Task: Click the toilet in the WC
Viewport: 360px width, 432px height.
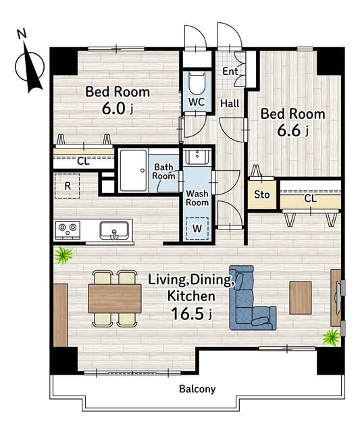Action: click(x=197, y=83)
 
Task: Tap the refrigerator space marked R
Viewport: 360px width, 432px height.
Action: click(x=67, y=186)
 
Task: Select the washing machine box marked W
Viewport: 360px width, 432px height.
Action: click(x=197, y=228)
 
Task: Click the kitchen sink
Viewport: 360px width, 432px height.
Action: click(x=114, y=230)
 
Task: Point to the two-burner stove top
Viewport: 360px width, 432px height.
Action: click(x=68, y=230)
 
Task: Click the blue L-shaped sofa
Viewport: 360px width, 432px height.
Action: click(x=252, y=298)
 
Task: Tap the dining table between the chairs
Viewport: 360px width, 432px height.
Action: click(x=115, y=298)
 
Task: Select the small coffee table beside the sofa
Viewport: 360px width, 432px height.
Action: click(x=301, y=298)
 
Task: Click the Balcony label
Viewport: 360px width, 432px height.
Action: click(x=197, y=389)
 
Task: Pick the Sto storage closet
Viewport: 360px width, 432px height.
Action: click(x=262, y=195)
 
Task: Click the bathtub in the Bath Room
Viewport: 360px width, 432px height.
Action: click(x=134, y=171)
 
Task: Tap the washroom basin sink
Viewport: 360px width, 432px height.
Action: click(x=197, y=157)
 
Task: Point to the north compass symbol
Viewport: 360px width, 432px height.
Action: click(x=30, y=65)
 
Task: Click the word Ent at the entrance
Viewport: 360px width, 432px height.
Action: click(x=230, y=72)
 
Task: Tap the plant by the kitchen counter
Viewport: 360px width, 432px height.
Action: click(x=63, y=255)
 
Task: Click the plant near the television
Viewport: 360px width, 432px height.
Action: click(x=332, y=337)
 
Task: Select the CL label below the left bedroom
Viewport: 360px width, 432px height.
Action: click(x=83, y=161)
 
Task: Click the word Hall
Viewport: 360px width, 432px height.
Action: click(x=230, y=103)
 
